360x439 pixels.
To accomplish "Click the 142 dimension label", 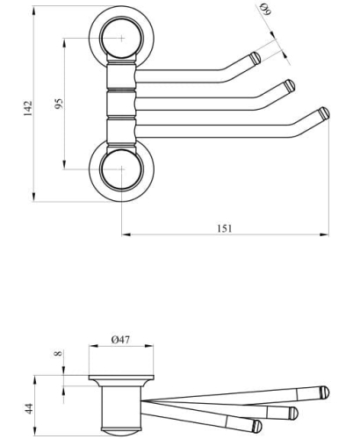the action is pos(28,108).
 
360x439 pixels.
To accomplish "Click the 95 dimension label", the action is pos(59,104).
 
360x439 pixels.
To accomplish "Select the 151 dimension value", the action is pos(225,228).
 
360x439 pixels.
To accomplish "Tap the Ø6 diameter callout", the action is pos(266,9).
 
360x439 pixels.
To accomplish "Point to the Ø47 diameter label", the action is pos(120,340).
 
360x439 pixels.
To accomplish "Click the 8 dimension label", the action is pos(59,353).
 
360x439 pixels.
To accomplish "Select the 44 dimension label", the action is pos(29,408).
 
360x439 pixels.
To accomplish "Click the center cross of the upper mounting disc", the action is pos(122,38).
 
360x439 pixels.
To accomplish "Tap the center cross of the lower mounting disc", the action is pos(122,169).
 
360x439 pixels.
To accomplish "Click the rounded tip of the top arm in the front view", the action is pos(256,57).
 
